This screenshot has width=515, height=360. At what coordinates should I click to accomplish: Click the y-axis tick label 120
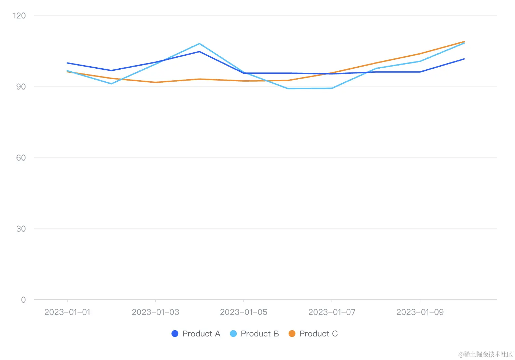click(x=19, y=16)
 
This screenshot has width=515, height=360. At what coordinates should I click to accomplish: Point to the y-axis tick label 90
click(x=21, y=87)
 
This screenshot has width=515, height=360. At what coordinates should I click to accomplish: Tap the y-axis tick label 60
click(x=21, y=158)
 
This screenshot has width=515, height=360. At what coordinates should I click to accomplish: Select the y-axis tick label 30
click(x=21, y=229)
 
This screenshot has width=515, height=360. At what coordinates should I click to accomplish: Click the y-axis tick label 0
click(x=23, y=300)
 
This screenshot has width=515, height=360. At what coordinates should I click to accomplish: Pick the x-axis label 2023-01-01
click(x=67, y=312)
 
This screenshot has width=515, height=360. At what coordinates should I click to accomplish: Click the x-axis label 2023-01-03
click(x=155, y=312)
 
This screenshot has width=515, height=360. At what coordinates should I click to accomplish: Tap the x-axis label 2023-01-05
click(x=243, y=312)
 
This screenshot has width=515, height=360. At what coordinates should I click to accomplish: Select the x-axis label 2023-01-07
click(x=332, y=312)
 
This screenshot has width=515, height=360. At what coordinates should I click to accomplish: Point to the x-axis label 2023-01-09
click(x=420, y=312)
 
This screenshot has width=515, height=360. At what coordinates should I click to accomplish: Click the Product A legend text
click(x=201, y=334)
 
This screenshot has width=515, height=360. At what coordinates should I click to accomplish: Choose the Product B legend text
click(x=260, y=334)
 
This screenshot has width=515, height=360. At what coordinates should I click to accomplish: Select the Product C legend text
click(x=318, y=334)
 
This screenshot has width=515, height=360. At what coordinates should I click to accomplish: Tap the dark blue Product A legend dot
click(x=175, y=334)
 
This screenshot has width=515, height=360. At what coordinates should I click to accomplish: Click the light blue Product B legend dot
click(x=233, y=334)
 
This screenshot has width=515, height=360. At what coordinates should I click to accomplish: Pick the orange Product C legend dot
click(x=292, y=334)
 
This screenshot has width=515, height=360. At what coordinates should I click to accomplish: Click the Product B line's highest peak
click(x=199, y=44)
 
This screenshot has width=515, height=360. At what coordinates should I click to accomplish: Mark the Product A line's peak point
click(x=199, y=52)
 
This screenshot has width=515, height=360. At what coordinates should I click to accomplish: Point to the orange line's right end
click(x=464, y=42)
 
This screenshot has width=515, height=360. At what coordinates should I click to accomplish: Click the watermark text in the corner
click(x=485, y=354)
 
